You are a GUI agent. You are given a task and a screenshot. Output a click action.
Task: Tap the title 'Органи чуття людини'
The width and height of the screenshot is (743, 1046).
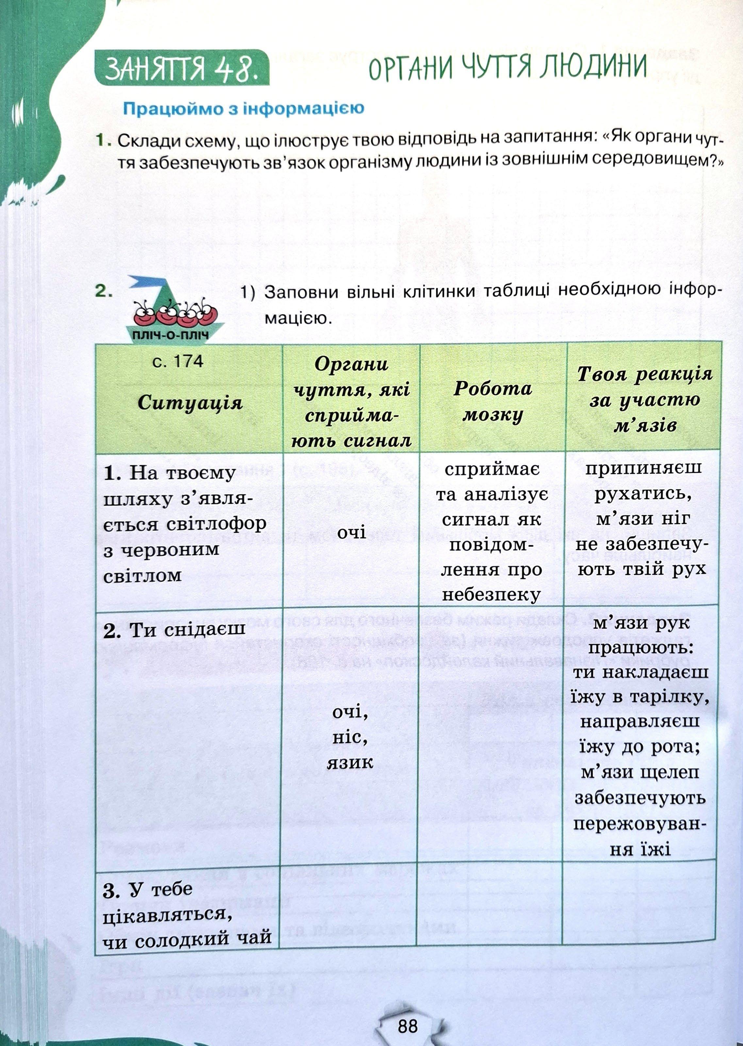pyautogui.click(x=507, y=67)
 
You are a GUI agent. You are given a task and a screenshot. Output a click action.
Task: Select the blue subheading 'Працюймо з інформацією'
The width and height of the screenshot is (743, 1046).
pyautogui.click(x=244, y=109)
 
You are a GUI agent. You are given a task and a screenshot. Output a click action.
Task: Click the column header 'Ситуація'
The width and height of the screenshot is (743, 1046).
pyautogui.click(x=190, y=403)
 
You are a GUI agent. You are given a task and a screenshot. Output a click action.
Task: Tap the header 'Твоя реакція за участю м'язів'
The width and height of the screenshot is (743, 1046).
pyautogui.click(x=644, y=400)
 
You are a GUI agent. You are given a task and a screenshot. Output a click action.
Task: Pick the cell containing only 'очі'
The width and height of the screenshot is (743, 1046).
pyautogui.click(x=351, y=532)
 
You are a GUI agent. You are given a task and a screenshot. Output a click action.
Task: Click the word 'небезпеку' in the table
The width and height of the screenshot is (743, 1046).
pyautogui.click(x=491, y=594)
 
